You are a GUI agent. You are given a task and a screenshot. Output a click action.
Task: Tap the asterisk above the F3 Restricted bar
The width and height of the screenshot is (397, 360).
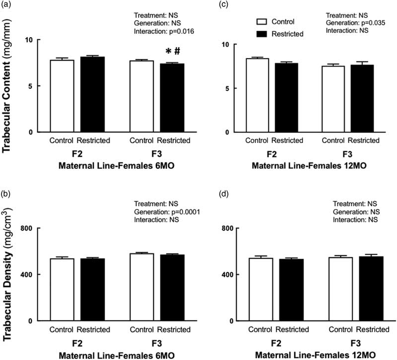point(164,51)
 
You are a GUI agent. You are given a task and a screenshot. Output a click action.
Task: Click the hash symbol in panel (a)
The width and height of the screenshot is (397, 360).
point(176,51)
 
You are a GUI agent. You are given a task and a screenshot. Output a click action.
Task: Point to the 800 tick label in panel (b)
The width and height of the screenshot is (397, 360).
point(26,228)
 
